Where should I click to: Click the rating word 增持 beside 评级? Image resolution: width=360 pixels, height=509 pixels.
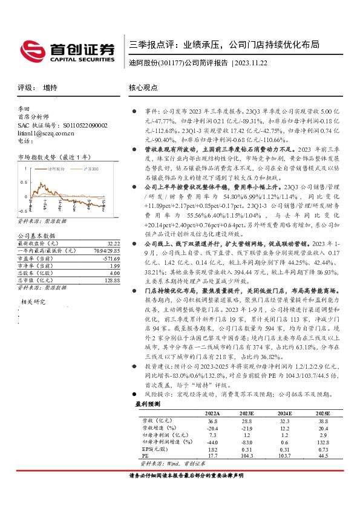coord(51,88)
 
